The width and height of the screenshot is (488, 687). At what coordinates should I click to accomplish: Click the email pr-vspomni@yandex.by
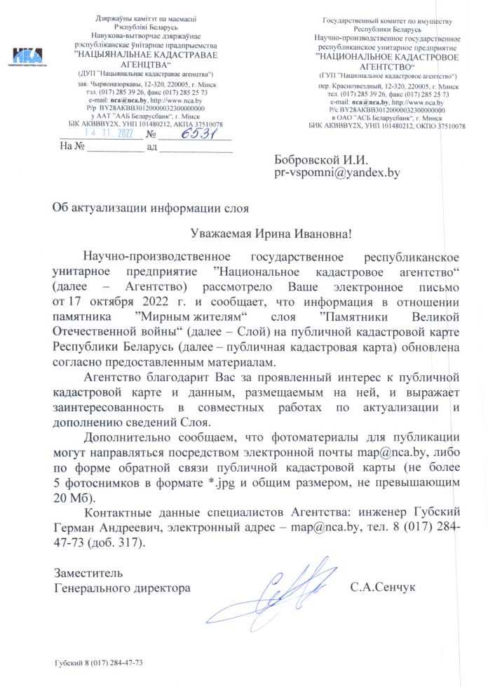(337, 172)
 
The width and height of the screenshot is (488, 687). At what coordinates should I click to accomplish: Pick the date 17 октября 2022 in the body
(121, 302)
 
